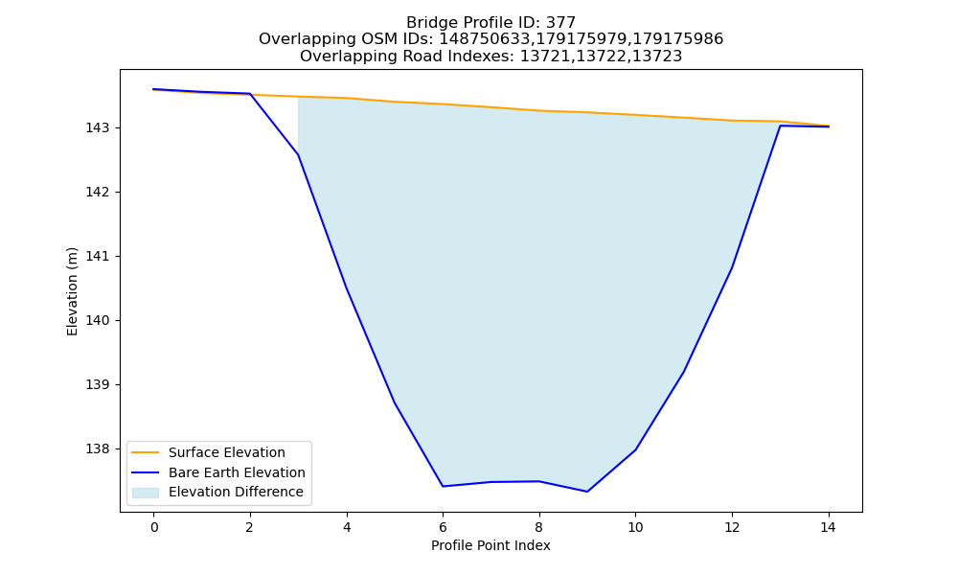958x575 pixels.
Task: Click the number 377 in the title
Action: pos(560,23)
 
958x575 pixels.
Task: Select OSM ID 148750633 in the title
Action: pos(484,39)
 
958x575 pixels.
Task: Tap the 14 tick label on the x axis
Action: pos(828,527)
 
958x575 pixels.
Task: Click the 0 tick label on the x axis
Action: pos(154,527)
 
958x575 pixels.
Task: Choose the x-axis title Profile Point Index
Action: pos(490,545)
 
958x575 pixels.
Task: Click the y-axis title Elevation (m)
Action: pos(72,291)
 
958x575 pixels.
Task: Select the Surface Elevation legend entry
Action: pos(208,452)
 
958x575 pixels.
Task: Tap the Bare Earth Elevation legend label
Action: pos(237,472)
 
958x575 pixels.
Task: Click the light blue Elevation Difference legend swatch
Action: pos(146,493)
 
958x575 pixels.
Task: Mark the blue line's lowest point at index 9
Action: pos(587,492)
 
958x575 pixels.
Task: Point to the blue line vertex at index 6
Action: pos(443,486)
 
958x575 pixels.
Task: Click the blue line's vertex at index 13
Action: pos(780,126)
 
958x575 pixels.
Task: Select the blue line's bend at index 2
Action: pos(250,94)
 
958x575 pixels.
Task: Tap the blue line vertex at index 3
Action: pos(298,155)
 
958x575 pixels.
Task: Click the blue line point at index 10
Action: pos(635,449)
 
